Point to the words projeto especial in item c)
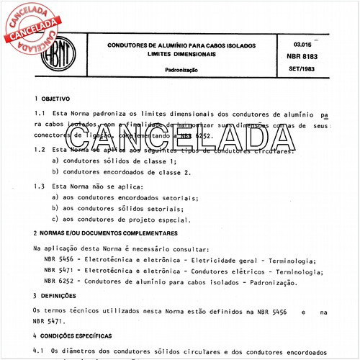[x=160, y=220]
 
